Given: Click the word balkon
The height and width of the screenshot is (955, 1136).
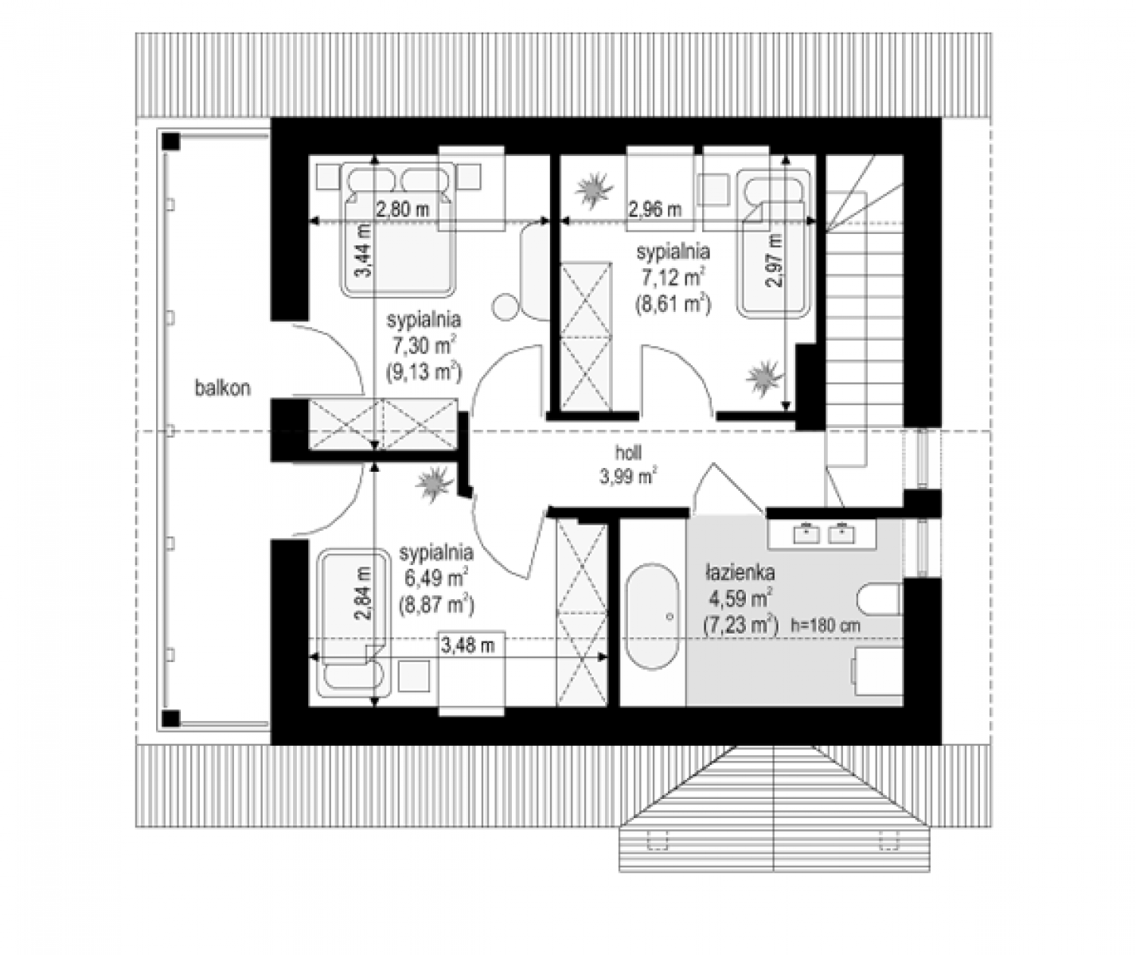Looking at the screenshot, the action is pos(223,388).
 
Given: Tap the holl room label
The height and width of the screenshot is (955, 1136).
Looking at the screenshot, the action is pos(628,453).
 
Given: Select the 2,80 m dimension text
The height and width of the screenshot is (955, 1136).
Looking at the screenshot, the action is pos(403,209).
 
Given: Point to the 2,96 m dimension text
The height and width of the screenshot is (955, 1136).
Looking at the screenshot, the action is pos(655,209).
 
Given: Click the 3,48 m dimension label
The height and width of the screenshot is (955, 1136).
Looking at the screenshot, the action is pos(468,645).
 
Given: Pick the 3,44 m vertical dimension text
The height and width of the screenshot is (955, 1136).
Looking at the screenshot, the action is pos(364,251).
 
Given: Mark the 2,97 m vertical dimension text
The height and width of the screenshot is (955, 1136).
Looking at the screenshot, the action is pos(774,260).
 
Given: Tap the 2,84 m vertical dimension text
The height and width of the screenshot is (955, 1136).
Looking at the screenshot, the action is pos(364,594).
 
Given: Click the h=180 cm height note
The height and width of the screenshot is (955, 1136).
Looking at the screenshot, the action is pos(826,626).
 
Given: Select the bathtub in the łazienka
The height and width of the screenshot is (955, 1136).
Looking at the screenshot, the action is pos(652,618).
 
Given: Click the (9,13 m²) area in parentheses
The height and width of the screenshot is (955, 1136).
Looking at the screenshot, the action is pos(424,372).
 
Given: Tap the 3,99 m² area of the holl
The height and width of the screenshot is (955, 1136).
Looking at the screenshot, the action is pos(628,477).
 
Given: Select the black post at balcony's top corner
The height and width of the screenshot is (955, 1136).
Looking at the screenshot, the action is pos(171,142).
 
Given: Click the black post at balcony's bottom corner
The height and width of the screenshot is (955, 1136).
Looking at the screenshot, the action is pos(171,719).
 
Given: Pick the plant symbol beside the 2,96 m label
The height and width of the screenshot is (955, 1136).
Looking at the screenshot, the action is pos(595,189).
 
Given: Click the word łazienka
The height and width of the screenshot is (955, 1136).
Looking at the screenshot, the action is pos(740,573).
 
